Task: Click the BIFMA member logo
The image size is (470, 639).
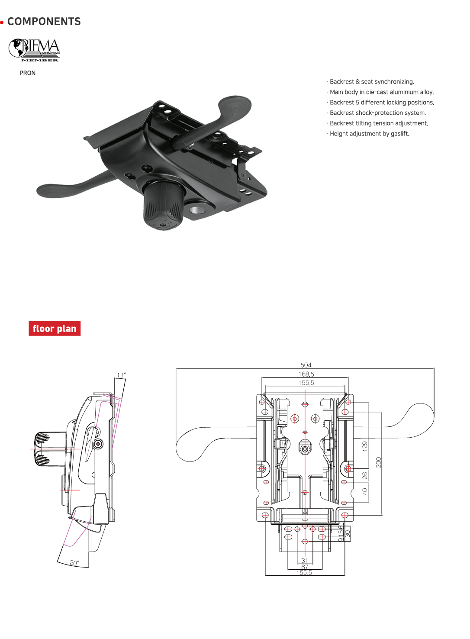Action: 34,50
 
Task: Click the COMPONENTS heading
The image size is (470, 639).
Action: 44,22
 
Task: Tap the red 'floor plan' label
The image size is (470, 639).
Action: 55,329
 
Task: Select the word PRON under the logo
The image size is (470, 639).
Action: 27,73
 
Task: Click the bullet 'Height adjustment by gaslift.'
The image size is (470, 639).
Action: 369,134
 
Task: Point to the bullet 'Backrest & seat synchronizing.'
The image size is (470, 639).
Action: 372,82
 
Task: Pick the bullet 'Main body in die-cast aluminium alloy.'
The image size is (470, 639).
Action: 381,92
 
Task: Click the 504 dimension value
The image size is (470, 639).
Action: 306,365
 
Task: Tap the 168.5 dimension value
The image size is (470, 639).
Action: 306,374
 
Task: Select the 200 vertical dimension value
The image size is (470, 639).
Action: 379,462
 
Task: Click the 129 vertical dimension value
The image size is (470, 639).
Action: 365,446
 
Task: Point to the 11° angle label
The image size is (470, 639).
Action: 122,375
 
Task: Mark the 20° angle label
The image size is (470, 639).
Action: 74,563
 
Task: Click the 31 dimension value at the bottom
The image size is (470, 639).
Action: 305,561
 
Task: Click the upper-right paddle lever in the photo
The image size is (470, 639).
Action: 234,108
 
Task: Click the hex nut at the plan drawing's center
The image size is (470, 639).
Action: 305,449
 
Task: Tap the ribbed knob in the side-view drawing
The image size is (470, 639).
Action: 42,449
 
